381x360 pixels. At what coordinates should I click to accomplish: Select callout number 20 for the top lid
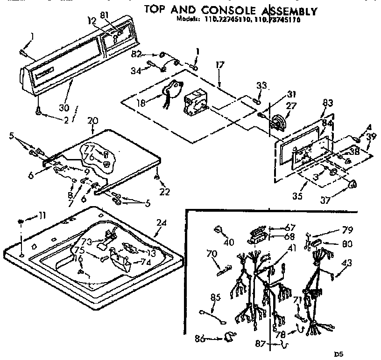(93, 121)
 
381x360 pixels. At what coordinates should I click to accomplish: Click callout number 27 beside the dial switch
(291, 106)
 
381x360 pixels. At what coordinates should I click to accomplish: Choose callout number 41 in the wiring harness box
(279, 249)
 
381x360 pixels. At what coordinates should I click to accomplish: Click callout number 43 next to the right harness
(347, 263)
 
